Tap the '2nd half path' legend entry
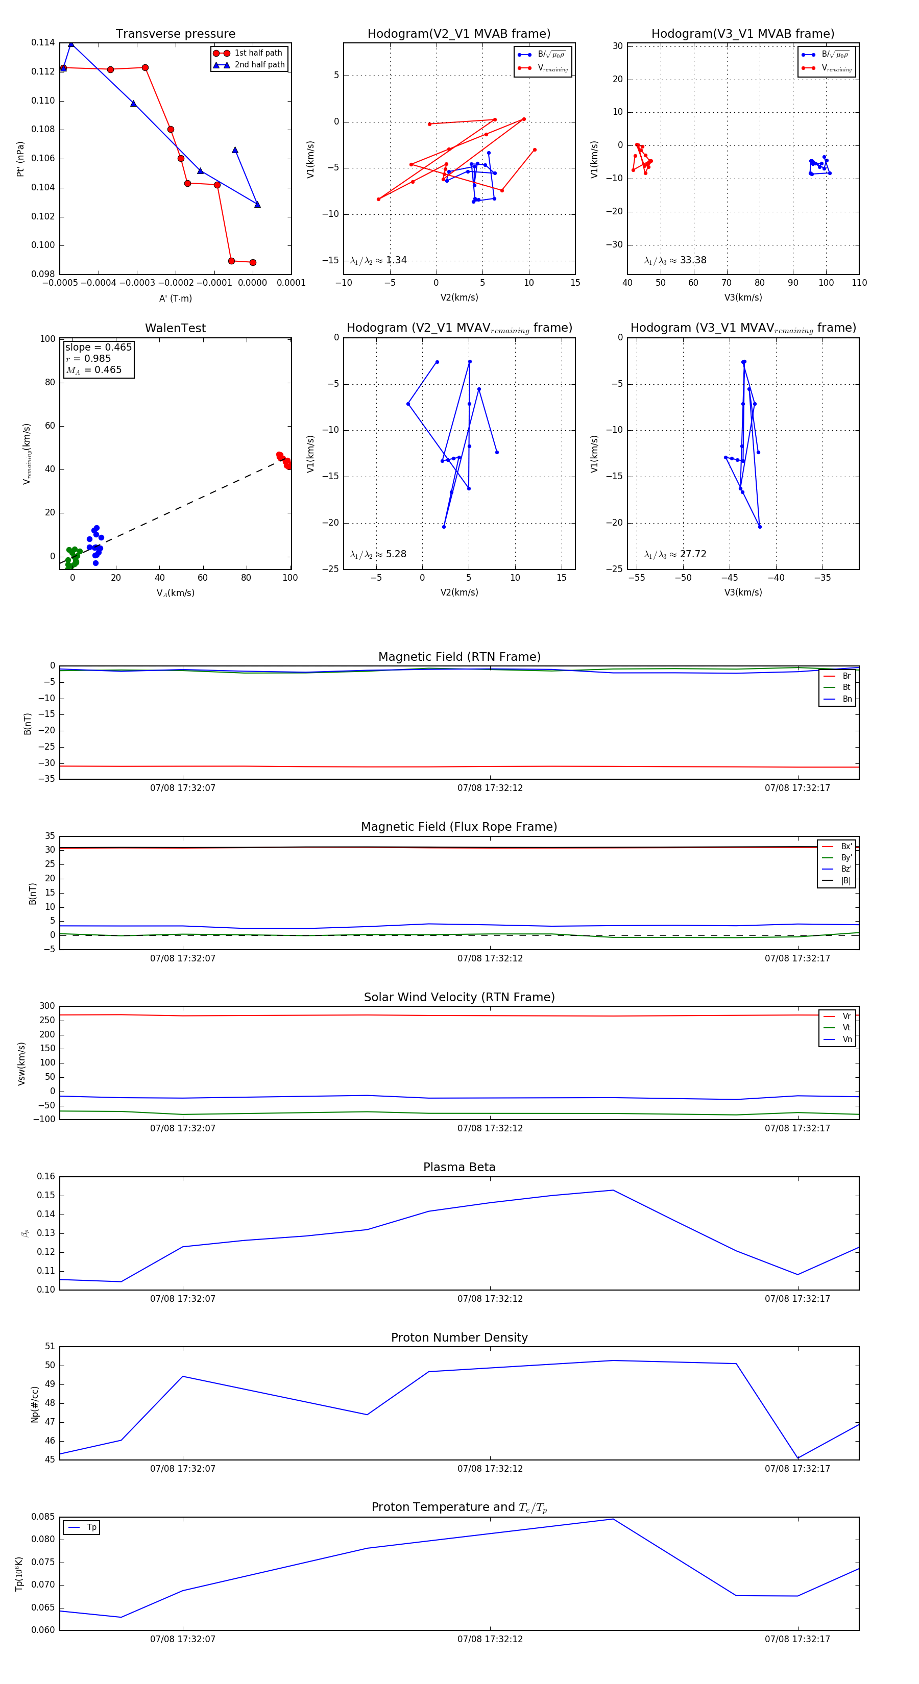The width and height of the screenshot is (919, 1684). point(259,65)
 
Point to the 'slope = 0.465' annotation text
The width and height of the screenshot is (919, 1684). point(98,347)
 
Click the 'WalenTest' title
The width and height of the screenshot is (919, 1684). point(175,328)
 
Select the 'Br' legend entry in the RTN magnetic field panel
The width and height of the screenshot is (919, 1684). point(846,676)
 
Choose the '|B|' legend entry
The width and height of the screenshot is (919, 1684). point(845,881)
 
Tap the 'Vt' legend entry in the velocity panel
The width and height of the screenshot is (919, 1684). point(846,1028)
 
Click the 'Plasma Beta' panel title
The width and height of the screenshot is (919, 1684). point(459,1168)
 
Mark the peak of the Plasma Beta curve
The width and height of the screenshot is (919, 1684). point(613,1191)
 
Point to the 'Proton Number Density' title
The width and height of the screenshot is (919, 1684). point(459,1338)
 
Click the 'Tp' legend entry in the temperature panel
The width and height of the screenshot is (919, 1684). point(91,1527)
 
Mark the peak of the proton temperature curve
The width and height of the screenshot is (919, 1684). point(613,1519)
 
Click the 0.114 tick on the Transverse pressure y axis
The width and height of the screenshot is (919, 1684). point(43,42)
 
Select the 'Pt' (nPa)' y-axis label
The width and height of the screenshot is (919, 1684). point(20,159)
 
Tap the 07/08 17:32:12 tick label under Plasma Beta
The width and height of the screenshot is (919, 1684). point(490,1298)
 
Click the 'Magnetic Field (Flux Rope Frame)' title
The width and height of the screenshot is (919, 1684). point(459,827)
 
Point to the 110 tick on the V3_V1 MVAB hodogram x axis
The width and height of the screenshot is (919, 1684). point(859,283)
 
